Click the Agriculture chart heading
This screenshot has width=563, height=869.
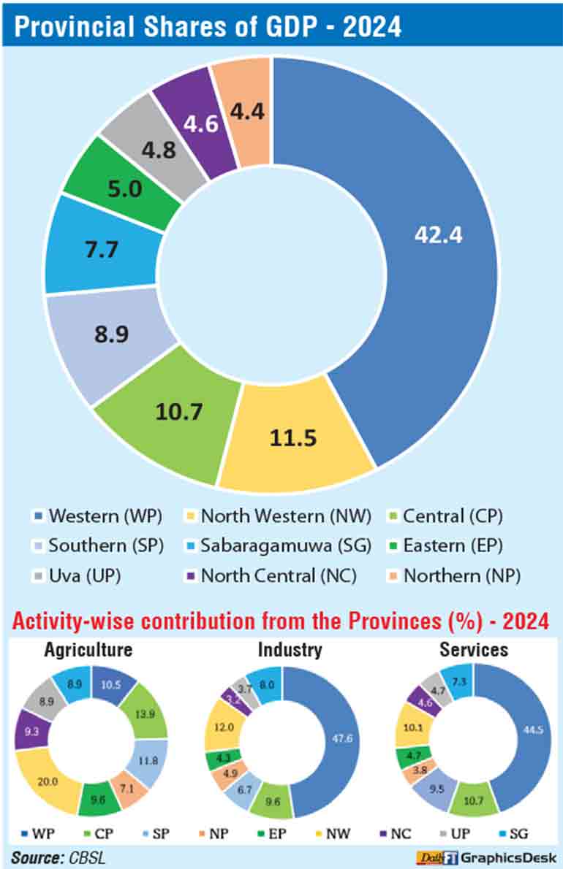[88, 649]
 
